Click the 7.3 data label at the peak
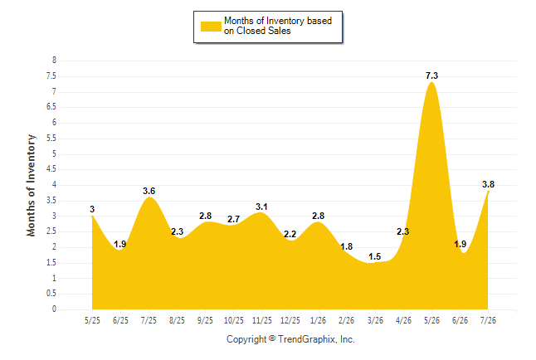[x=431, y=75]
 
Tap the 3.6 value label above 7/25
[x=149, y=191]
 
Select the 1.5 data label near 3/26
[x=375, y=256]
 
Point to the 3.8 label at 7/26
[x=488, y=184]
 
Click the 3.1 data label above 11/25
[x=261, y=207]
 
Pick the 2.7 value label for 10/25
[x=233, y=219]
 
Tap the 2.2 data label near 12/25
[x=290, y=234]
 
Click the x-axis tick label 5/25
[x=92, y=320]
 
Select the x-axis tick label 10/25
[x=234, y=320]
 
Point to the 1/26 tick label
[x=319, y=320]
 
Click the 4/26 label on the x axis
[x=403, y=320]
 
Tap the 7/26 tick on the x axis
[x=488, y=320]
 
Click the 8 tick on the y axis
[x=54, y=61]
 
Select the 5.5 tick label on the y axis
[x=51, y=139]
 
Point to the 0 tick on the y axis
[x=54, y=309]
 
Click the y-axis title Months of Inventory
[x=31, y=185]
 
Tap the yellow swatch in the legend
[x=211, y=27]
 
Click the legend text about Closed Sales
[x=278, y=26]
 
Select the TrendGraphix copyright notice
[x=290, y=339]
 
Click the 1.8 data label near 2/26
[x=346, y=246]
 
